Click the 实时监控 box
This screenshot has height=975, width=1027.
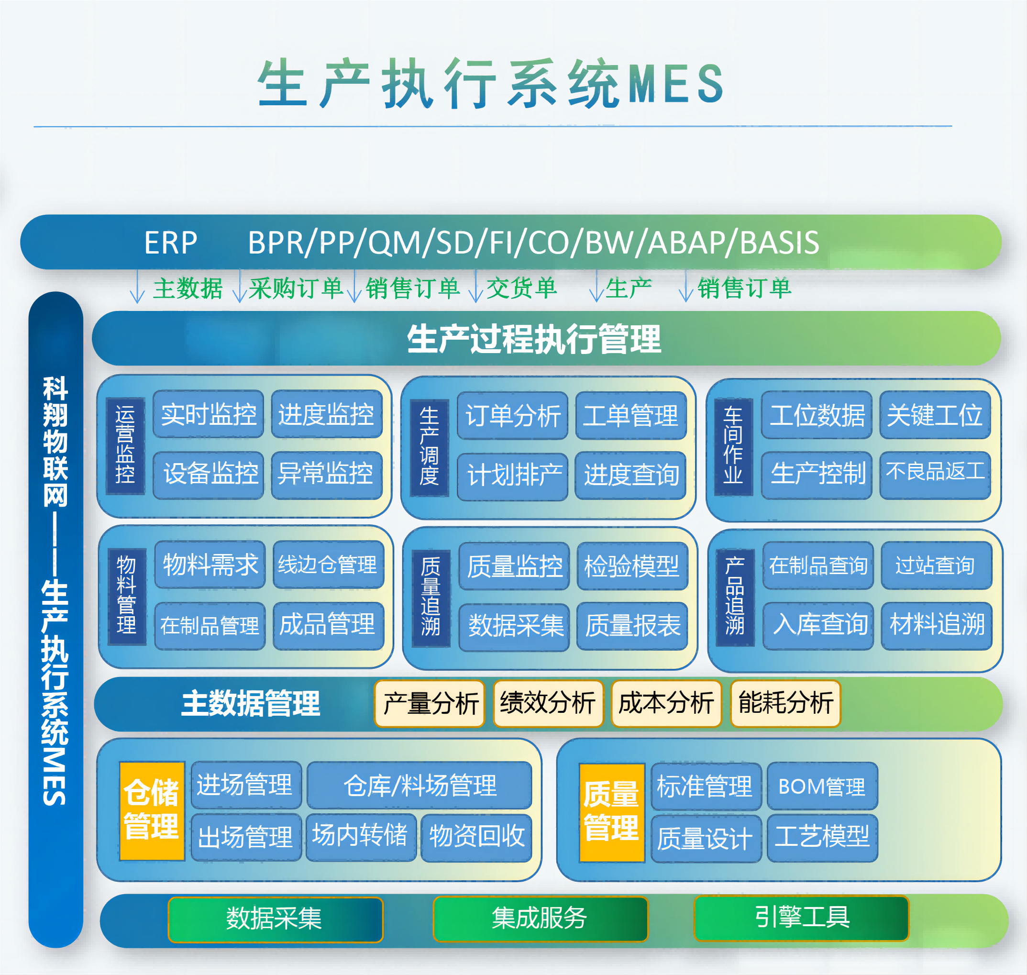[x=209, y=414]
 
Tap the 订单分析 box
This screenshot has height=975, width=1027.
[x=512, y=416]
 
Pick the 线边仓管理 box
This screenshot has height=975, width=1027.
[x=328, y=565]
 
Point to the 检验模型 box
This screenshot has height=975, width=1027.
[x=632, y=566]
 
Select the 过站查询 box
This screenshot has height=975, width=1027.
[x=936, y=565]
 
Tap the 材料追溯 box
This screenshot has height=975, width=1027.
[x=936, y=625]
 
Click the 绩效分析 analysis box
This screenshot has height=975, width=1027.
[x=548, y=704]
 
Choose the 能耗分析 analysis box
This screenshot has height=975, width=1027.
[x=785, y=704]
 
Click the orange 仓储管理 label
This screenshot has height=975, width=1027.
[x=152, y=811]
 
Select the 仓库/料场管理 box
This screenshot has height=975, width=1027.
[x=420, y=785]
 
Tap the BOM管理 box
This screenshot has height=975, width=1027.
[x=822, y=787]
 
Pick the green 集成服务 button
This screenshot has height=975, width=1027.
[x=541, y=919]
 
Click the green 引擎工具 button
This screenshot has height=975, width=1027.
[x=801, y=918]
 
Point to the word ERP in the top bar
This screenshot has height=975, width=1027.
[x=170, y=243]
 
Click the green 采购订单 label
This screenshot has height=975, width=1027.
[x=295, y=288]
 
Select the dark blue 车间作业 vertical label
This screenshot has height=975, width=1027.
[x=733, y=447]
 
